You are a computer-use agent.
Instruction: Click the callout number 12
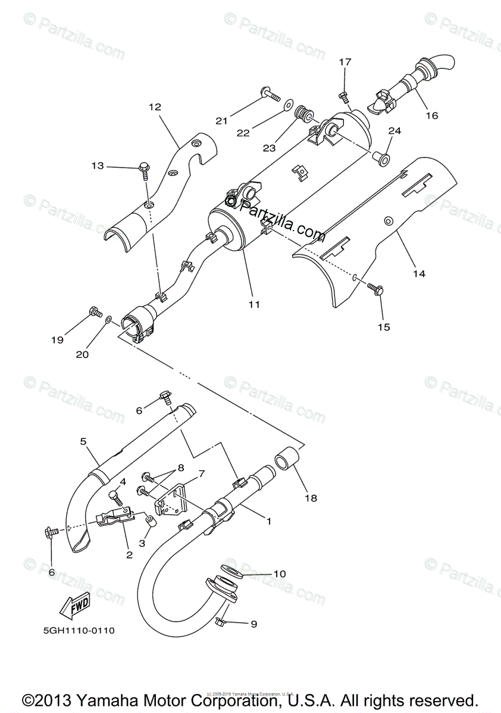click(x=155, y=108)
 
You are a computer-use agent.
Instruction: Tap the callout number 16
click(x=431, y=115)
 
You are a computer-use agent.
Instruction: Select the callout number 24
click(x=394, y=130)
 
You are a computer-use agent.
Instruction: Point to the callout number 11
click(x=254, y=304)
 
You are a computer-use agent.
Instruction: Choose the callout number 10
click(x=280, y=574)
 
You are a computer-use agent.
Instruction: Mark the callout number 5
click(x=83, y=441)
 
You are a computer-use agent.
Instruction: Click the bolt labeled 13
click(x=145, y=168)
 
